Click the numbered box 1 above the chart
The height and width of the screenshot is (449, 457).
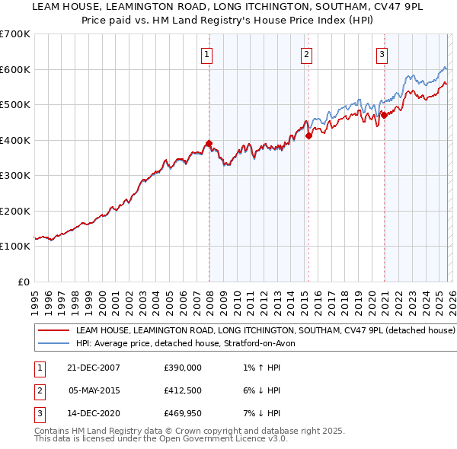click(x=207, y=54)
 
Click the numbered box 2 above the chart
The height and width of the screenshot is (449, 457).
click(x=306, y=54)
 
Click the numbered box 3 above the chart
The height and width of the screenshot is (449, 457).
click(x=382, y=54)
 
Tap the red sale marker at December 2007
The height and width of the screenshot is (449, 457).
click(x=208, y=144)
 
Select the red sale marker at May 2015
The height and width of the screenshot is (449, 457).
click(x=308, y=136)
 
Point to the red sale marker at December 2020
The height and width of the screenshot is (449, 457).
click(x=384, y=116)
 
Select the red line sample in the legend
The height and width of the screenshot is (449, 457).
click(x=53, y=331)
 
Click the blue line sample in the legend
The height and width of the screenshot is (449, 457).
click(x=53, y=344)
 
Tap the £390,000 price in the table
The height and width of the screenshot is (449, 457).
click(x=183, y=368)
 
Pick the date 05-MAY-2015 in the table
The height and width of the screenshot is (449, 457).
click(x=94, y=390)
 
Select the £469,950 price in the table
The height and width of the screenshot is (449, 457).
click(x=183, y=413)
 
